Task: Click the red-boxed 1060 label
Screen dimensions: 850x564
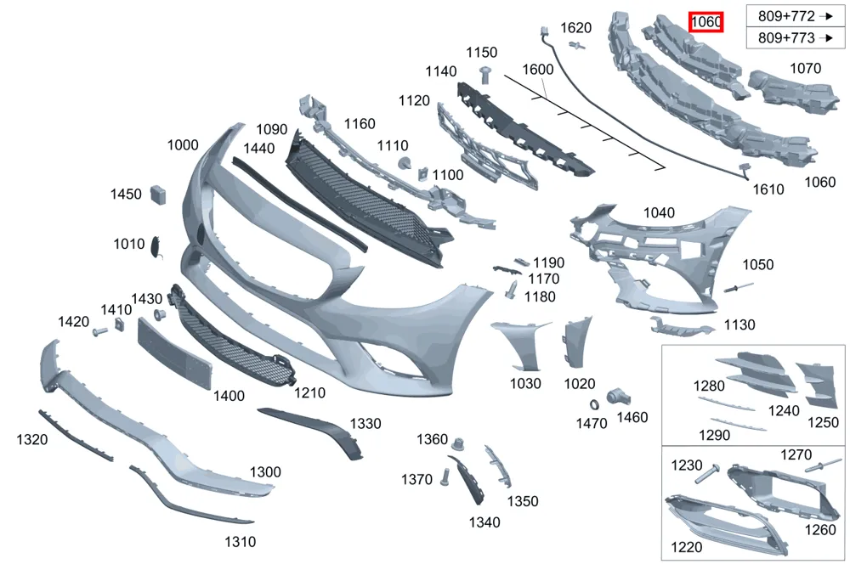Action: coord(705,22)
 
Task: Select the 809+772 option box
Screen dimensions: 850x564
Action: coord(796,16)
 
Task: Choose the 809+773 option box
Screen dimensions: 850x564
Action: coord(796,38)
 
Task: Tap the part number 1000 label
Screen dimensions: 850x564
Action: coord(183,144)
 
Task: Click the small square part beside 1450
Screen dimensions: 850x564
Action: coord(158,195)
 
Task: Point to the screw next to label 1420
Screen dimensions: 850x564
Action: coord(99,331)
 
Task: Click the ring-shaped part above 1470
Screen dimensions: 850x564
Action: coord(594,404)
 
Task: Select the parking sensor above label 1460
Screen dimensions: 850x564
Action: coord(616,397)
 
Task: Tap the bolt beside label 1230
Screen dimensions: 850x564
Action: coord(705,474)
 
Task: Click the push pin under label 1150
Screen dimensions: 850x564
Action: coord(485,74)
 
